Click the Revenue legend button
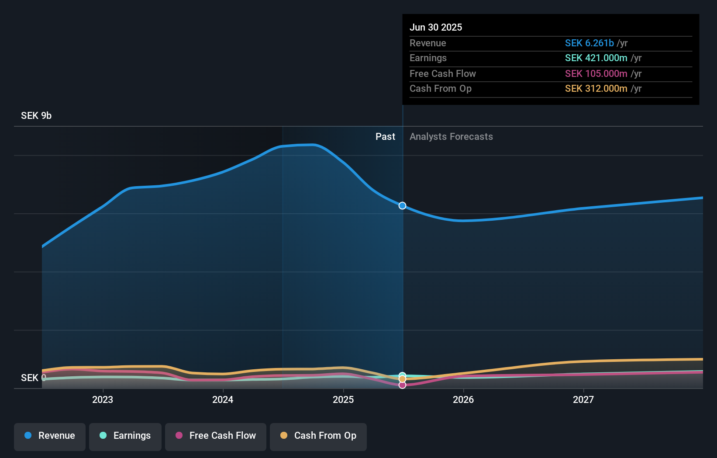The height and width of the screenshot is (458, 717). (50, 436)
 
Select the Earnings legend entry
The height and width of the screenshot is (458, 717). (125, 436)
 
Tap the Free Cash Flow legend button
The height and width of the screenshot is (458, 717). (216, 436)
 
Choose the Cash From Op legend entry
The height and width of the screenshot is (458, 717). (318, 436)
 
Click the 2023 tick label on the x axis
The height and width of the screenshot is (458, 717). (103, 399)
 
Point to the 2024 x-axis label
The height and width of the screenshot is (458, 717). (223, 399)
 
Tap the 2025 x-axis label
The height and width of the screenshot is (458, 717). (343, 399)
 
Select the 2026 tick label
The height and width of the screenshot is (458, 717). (463, 399)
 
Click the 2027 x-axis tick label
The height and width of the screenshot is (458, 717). (583, 399)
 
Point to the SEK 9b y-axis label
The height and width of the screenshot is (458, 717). (36, 116)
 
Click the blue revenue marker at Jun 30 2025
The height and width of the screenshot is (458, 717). (402, 205)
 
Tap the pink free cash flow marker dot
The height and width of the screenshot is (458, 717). (402, 385)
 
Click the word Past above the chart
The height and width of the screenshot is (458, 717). (385, 137)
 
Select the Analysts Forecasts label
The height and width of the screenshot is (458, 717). (451, 137)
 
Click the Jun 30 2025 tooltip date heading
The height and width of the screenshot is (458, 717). (436, 27)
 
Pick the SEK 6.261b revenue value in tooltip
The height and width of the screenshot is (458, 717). (589, 43)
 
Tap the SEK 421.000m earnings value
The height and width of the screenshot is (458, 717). (596, 58)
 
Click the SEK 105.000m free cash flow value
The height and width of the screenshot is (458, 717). (596, 74)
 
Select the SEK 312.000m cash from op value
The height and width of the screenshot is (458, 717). (596, 89)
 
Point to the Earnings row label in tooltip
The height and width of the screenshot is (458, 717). (428, 58)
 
